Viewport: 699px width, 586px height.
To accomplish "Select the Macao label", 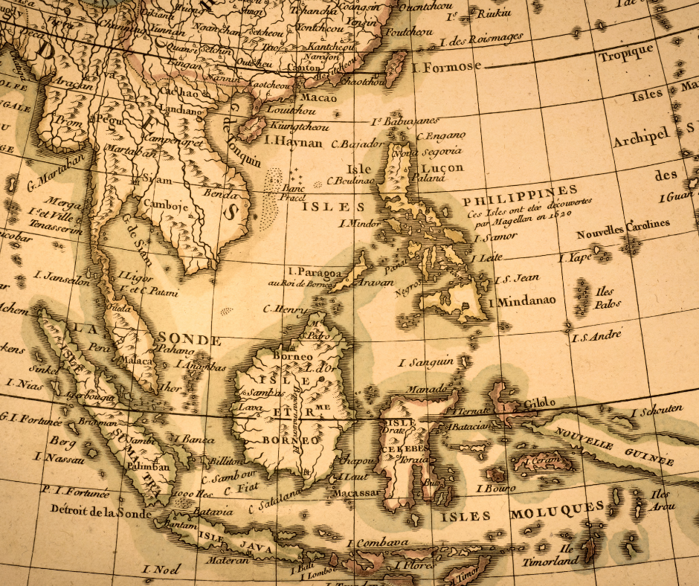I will click(318, 97).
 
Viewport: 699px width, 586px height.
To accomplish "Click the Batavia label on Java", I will click(212, 512).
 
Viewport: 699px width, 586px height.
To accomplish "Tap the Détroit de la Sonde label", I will click(100, 512).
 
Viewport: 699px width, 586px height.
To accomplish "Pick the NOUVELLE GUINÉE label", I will click(613, 444).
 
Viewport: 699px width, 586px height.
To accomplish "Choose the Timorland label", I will click(549, 561).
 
